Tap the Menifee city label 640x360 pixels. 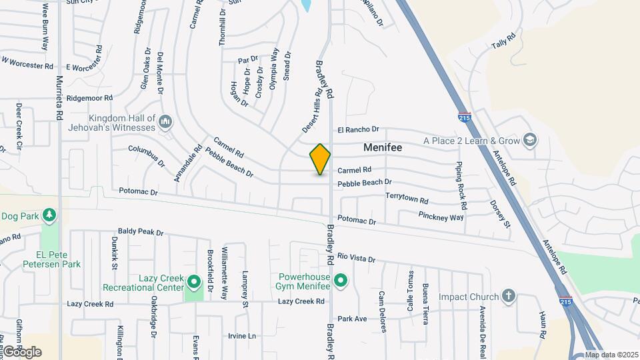pyautogui.click(x=383, y=147)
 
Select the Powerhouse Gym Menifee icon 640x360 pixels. pyautogui.click(x=341, y=280)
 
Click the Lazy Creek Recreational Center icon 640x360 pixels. pyautogui.click(x=194, y=282)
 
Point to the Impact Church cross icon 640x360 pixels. pyautogui.click(x=508, y=297)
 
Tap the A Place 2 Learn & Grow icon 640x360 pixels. pyautogui.click(x=530, y=141)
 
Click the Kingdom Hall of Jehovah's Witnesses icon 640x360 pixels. pyautogui.click(x=165, y=123)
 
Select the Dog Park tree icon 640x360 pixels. pyautogui.click(x=49, y=215)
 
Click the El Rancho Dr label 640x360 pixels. pyautogui.click(x=358, y=129)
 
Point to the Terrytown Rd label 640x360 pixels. pyautogui.click(x=407, y=198)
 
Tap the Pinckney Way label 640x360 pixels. pyautogui.click(x=441, y=217)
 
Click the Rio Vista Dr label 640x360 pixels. pyautogui.click(x=356, y=258)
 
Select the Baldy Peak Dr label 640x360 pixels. pyautogui.click(x=141, y=232)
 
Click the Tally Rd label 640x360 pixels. pyautogui.click(x=504, y=43)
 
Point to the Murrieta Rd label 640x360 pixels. pyautogui.click(x=59, y=97)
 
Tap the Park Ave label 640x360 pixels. pyautogui.click(x=352, y=319)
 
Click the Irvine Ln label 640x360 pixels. pyautogui.click(x=242, y=336)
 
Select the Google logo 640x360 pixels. pyautogui.click(x=21, y=352)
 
